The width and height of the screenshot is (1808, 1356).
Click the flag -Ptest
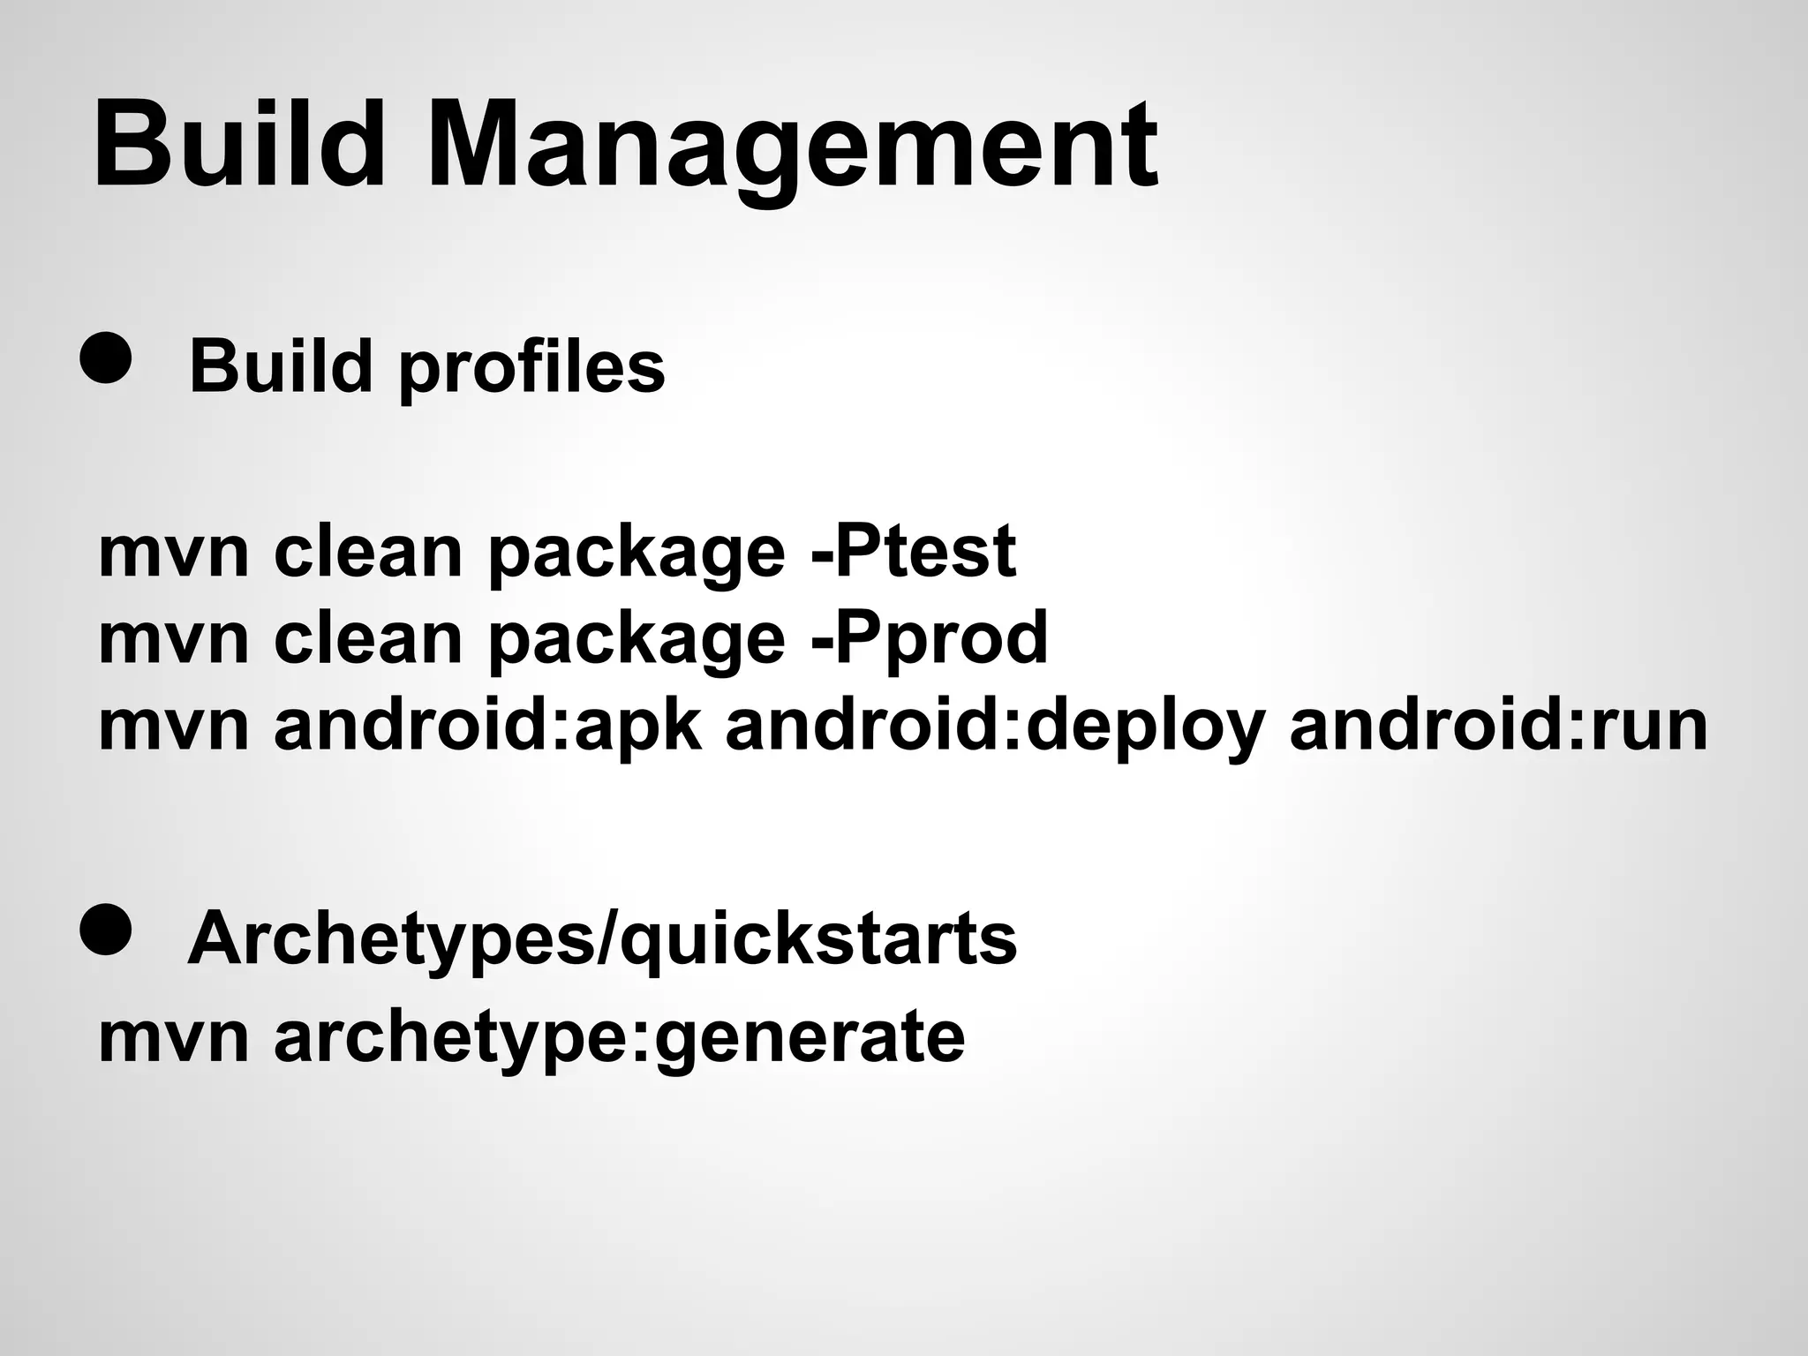click(x=913, y=551)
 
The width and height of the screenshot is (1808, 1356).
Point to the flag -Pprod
click(x=929, y=637)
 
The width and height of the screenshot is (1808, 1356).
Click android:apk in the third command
click(x=488, y=725)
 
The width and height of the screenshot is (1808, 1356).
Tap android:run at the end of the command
click(x=1498, y=725)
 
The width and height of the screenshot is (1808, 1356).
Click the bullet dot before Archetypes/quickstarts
click(x=106, y=930)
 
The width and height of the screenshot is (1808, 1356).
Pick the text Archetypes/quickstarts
click(x=602, y=938)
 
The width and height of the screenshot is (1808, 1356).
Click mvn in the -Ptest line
click(x=174, y=551)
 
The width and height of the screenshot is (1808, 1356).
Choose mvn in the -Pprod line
click(x=174, y=637)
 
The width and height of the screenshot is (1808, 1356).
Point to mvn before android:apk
click(x=174, y=725)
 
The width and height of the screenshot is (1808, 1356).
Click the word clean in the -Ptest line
click(x=368, y=551)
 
